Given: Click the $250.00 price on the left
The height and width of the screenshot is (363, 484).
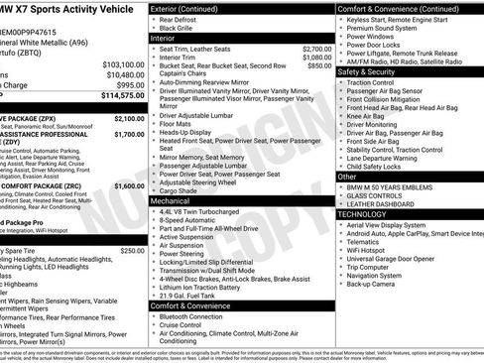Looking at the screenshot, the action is coord(132,251).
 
